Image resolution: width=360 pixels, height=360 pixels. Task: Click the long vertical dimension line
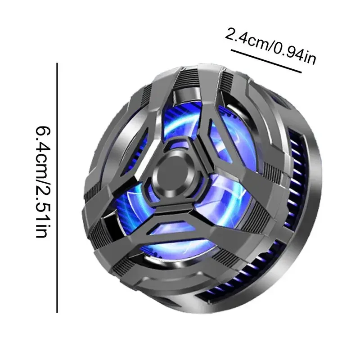pos(57,188)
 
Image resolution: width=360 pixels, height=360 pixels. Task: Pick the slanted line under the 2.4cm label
pos(266,61)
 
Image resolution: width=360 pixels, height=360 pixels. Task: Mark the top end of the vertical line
pos(57,63)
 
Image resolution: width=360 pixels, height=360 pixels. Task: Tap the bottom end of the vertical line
pos(57,312)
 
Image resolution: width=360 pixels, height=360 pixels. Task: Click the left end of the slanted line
pos(231,50)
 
